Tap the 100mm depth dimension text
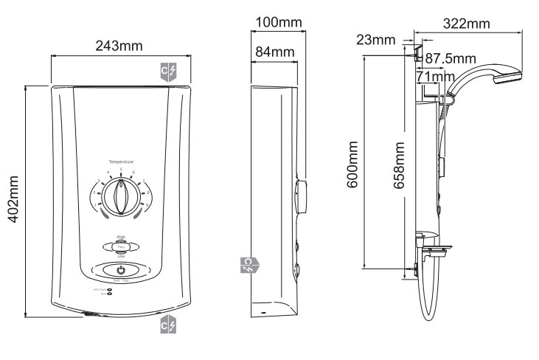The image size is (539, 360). (279, 23)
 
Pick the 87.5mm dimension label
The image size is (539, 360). (451, 58)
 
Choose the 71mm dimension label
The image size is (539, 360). (435, 76)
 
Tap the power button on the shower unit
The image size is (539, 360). (121, 270)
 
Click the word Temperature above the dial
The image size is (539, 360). (121, 162)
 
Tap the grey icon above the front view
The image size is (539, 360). (168, 72)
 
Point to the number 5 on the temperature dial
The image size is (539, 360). (121, 170)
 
